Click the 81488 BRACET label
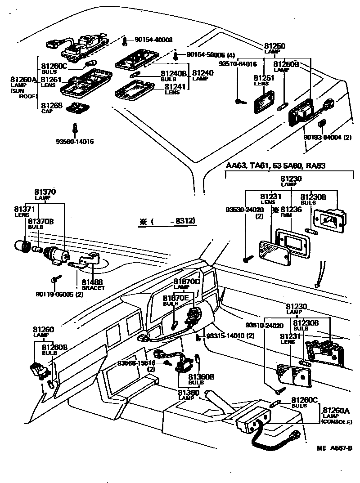(x=93, y=284)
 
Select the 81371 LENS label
(x=22, y=211)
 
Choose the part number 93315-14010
(x=230, y=336)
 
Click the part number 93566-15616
(x=136, y=363)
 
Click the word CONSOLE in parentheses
(x=336, y=421)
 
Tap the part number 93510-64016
(x=237, y=64)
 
